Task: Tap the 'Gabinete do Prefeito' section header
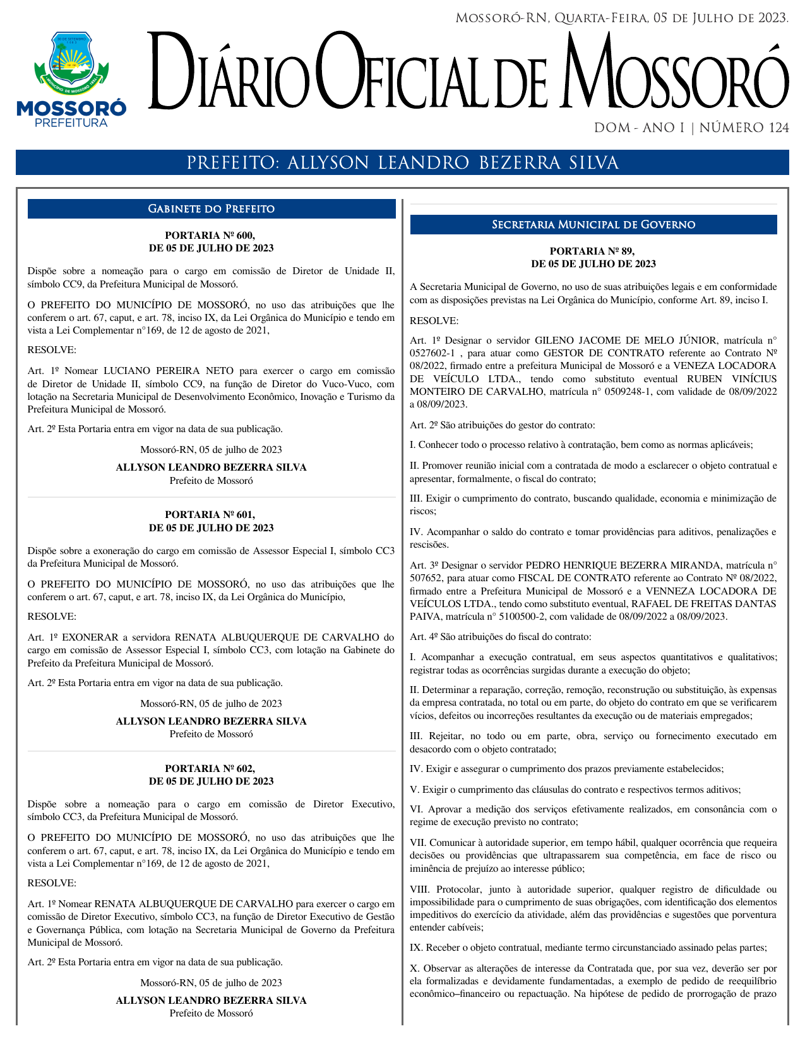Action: pos(211,209)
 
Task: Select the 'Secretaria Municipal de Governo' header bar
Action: pos(593,225)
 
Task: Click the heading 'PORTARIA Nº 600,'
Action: pos(210,236)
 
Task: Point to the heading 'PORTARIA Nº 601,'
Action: pos(210,515)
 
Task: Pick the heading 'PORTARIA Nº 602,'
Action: pos(210,769)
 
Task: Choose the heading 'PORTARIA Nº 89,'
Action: pos(593,251)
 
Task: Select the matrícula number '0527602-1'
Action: pos(432,353)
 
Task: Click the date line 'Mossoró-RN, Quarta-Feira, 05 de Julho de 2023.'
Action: pos(622,18)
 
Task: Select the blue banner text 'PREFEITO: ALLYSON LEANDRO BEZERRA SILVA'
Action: pos(402,163)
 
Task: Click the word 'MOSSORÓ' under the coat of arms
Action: pos(71,109)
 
